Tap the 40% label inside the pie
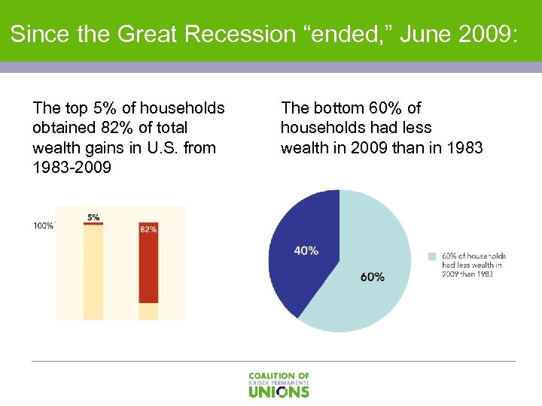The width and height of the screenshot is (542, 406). click(306, 251)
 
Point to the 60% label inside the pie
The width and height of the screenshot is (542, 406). click(372, 277)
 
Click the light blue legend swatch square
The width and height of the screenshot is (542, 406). click(432, 256)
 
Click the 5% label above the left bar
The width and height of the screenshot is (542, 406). click(93, 217)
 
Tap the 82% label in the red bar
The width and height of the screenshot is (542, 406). click(148, 229)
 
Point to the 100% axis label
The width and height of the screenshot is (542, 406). click(43, 225)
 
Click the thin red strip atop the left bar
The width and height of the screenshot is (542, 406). click(93, 223)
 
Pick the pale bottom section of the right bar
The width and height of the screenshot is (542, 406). click(148, 311)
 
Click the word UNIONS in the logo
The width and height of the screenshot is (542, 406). click(279, 391)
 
